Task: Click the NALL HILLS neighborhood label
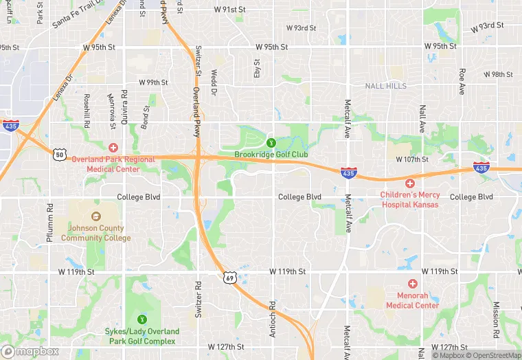tap(385, 86)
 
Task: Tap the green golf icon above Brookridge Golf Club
tap(271, 142)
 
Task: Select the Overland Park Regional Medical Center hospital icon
tap(113, 148)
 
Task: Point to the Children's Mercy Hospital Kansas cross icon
tap(410, 183)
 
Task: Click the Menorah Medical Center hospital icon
tap(412, 284)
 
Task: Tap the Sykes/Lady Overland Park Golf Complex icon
tap(142, 319)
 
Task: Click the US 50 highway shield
tap(60, 155)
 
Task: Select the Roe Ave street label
tap(462, 81)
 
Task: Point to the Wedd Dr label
tap(214, 82)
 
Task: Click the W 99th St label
tap(153, 82)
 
